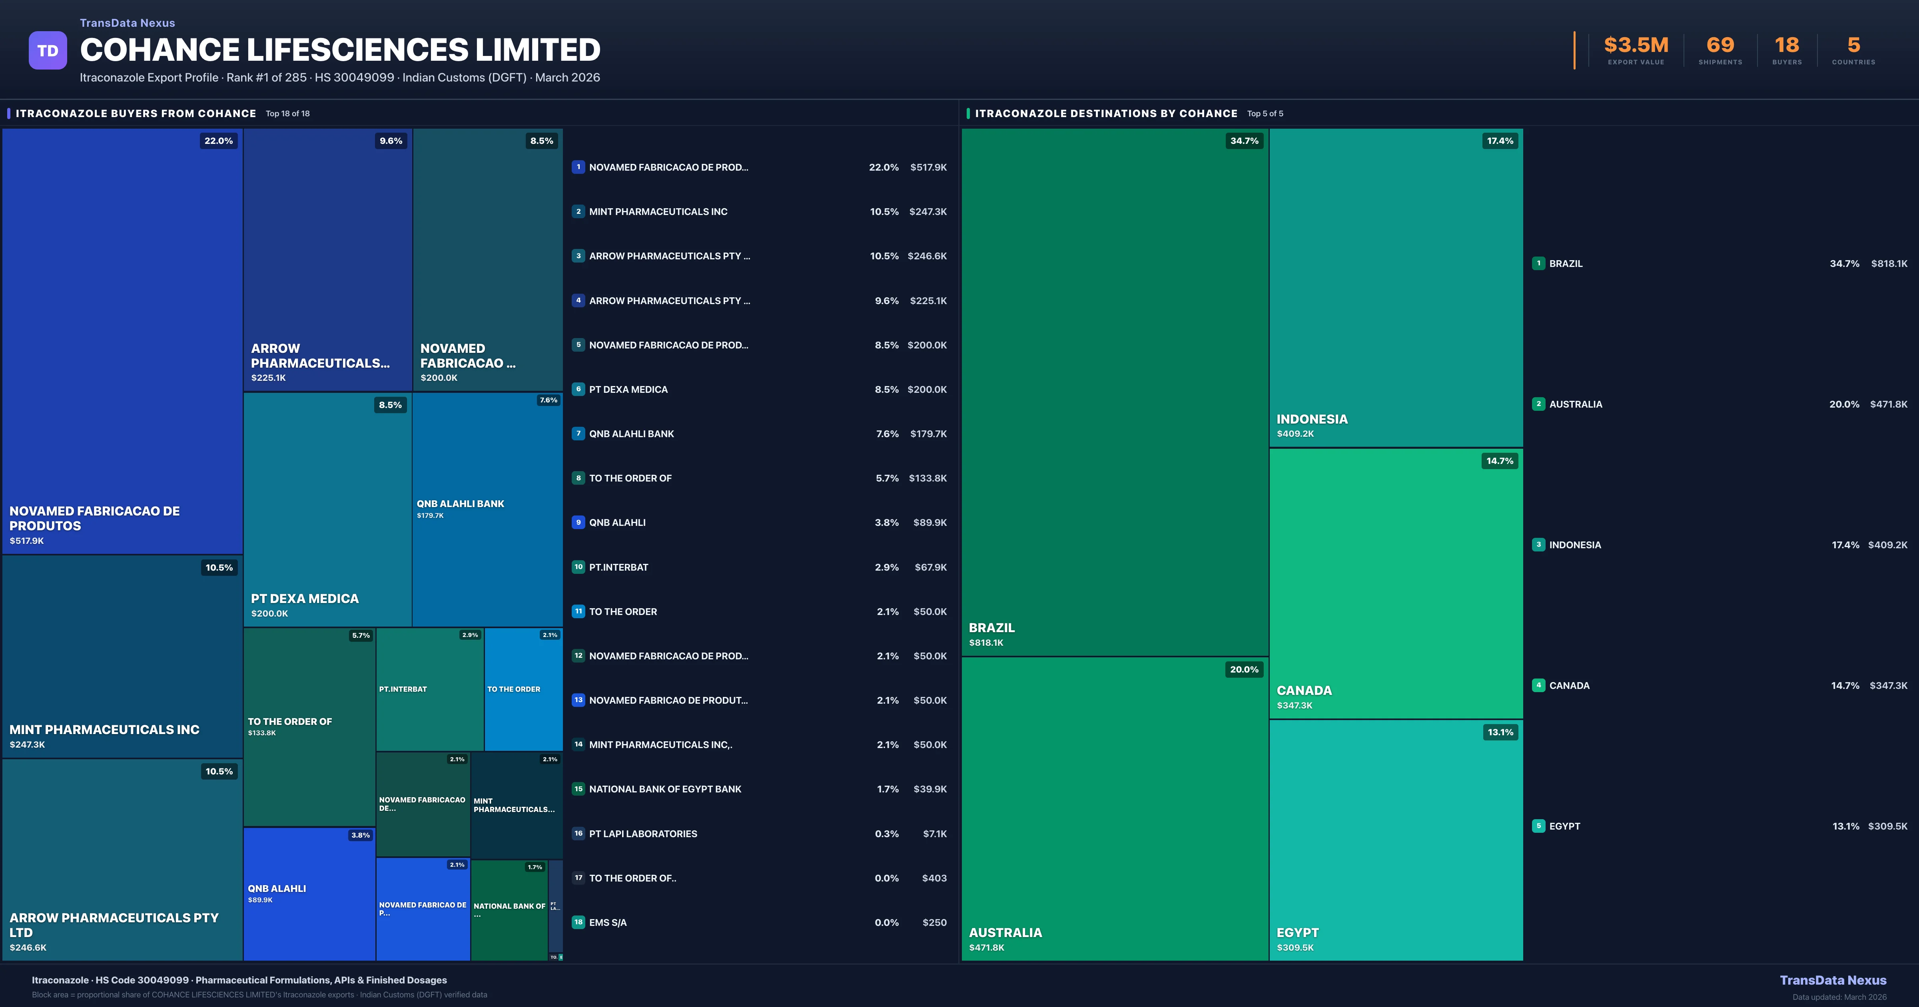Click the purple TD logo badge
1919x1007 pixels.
(x=48, y=51)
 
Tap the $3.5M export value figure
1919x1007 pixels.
(x=1636, y=46)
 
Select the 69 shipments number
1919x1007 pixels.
(x=1720, y=46)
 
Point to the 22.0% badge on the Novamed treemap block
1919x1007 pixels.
(x=218, y=141)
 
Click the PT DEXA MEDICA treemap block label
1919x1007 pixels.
(x=305, y=599)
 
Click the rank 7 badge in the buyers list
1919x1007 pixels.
(x=578, y=434)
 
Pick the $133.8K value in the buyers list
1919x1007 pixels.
(x=928, y=478)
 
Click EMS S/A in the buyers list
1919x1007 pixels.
(x=608, y=923)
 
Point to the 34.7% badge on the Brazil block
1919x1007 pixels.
(x=1244, y=141)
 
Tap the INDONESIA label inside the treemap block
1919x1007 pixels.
(x=1312, y=419)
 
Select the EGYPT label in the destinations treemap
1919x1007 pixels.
(x=1298, y=933)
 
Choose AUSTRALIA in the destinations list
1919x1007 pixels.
(x=1576, y=404)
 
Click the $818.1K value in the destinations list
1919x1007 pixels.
(x=1889, y=264)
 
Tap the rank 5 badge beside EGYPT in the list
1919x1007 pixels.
(x=1538, y=826)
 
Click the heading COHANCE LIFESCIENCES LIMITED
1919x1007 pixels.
(x=340, y=50)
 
